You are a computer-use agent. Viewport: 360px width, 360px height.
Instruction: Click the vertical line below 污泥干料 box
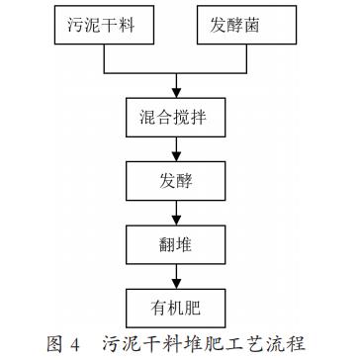(x=106, y=59)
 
